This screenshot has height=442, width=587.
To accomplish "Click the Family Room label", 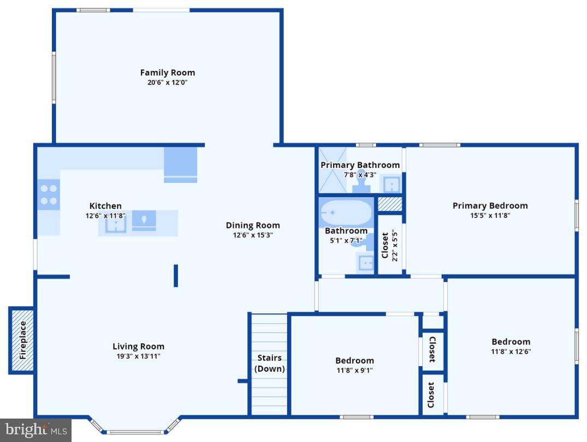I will click(167, 72).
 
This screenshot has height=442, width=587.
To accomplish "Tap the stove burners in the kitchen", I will click(49, 195).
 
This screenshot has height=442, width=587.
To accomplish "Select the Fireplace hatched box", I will click(22, 341).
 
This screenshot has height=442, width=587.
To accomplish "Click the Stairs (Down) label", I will click(270, 363).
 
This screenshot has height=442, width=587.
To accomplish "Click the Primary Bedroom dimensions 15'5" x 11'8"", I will click(490, 215).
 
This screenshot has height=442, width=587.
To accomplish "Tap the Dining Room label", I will click(253, 225).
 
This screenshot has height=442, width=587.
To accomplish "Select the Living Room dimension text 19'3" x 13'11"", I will click(138, 356).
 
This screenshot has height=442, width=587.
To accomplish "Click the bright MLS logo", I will click(35, 431).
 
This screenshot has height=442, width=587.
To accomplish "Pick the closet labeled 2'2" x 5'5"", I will click(390, 245).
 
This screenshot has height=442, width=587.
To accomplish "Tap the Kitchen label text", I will click(105, 205).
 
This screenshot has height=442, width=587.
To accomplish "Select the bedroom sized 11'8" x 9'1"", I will click(354, 365).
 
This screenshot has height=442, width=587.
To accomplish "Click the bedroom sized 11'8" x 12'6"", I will click(511, 347).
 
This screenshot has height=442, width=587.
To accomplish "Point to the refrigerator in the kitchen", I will click(181, 164).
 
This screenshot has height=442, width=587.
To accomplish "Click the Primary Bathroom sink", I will click(391, 184).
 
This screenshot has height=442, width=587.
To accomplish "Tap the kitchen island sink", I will click(116, 223).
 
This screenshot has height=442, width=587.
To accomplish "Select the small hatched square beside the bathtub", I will click(390, 204).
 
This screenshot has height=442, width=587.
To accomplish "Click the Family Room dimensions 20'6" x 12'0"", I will click(167, 83).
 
